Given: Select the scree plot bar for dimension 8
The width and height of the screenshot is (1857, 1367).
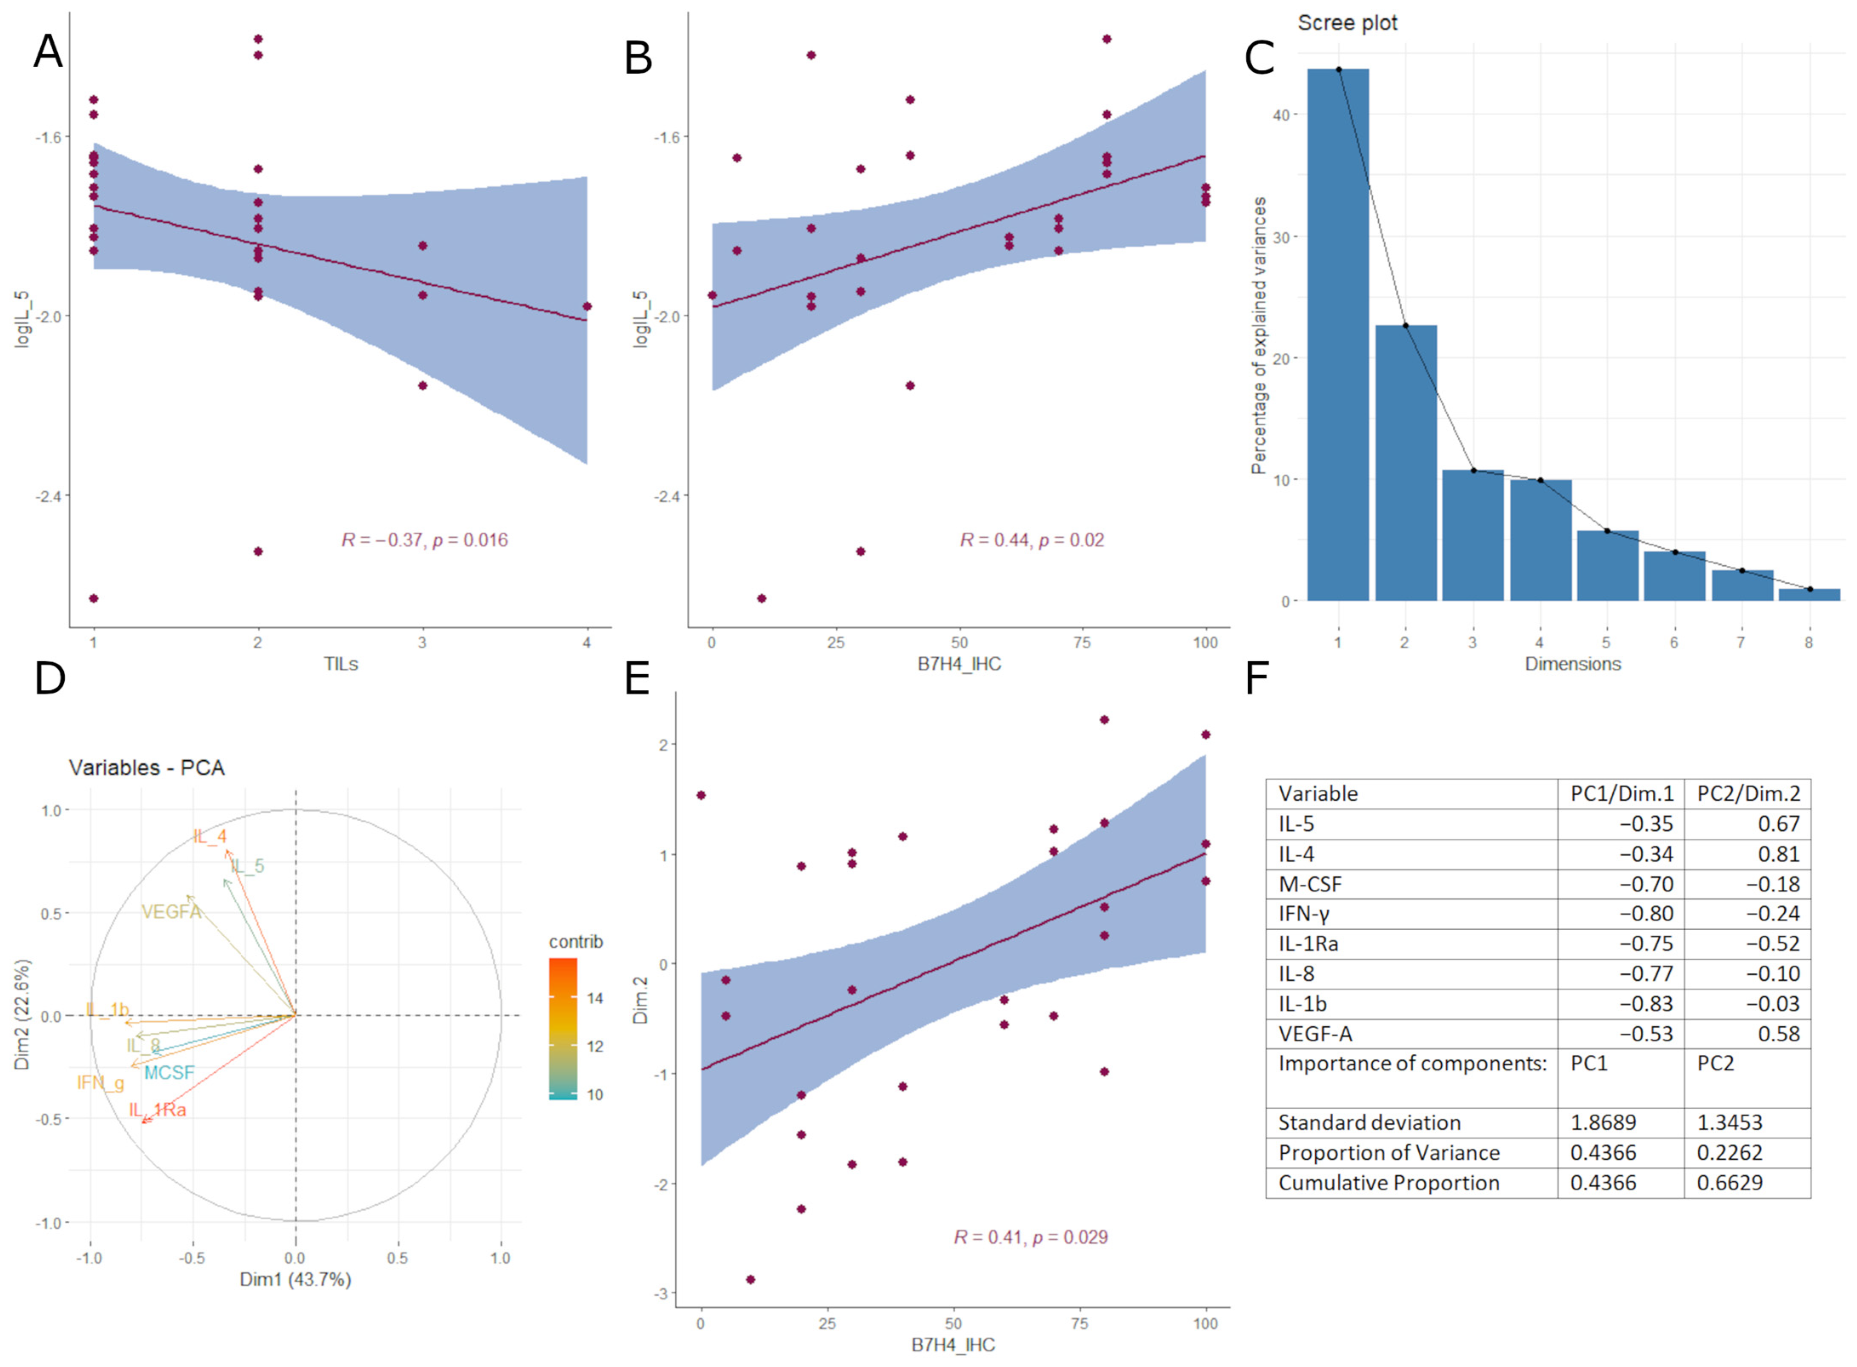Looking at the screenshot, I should click(x=1809, y=594).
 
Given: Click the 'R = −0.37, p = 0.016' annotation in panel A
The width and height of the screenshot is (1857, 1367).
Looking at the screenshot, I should click(x=424, y=540).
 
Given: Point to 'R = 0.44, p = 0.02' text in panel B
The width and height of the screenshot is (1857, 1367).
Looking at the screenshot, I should click(x=1031, y=540).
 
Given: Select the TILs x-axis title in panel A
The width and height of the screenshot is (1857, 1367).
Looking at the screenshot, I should click(x=341, y=664).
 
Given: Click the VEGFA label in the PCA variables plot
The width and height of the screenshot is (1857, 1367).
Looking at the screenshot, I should click(x=171, y=912).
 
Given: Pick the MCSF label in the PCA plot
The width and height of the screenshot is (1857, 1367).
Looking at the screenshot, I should click(x=169, y=1072).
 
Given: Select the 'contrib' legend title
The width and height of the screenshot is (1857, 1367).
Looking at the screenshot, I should click(x=576, y=942).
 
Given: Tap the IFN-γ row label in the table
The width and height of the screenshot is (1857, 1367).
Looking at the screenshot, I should click(x=1304, y=914).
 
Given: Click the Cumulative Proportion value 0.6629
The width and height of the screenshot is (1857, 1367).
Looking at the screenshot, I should click(x=1730, y=1183).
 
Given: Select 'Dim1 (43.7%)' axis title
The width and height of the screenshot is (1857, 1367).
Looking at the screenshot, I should click(x=295, y=1279).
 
